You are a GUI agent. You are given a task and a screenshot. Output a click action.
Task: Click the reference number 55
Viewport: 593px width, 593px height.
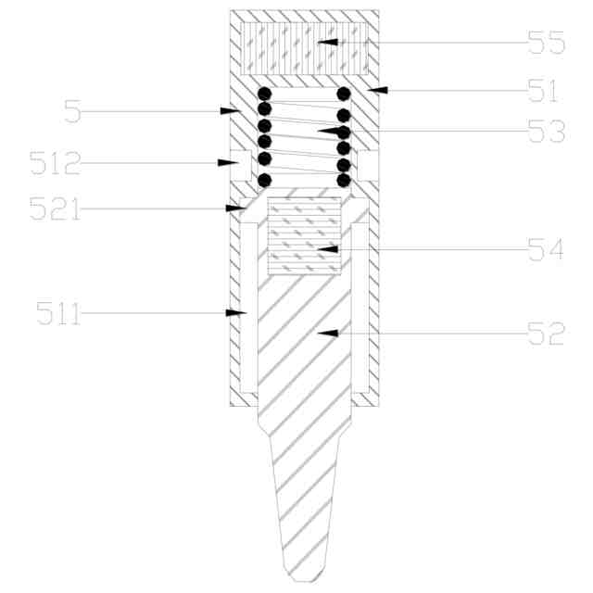coord(546,43)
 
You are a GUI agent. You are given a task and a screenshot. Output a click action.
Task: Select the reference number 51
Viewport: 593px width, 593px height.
coord(543,91)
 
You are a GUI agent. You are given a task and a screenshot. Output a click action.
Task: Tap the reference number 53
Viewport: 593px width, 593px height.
coord(546,132)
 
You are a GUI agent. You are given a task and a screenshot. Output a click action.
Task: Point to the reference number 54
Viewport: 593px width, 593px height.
coord(546,249)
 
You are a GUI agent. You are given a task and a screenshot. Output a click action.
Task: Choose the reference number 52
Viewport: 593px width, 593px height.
coord(546,334)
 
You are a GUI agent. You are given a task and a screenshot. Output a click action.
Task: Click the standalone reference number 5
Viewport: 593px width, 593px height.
coord(72,111)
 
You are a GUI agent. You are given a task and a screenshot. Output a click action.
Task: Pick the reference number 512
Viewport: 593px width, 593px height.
coord(56,163)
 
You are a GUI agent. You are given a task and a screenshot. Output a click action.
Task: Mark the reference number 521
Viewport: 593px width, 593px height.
coord(56,208)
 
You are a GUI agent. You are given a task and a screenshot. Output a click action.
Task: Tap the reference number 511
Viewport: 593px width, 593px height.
coord(58,313)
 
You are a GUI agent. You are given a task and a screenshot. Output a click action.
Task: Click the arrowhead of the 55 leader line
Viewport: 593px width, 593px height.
coord(327,42)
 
